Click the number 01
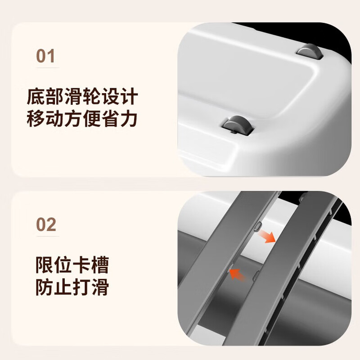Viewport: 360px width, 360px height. click(x=45, y=57)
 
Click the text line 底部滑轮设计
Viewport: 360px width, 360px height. click(x=82, y=97)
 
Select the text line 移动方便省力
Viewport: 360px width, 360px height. click(x=82, y=119)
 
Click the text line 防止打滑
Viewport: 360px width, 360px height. click(x=72, y=287)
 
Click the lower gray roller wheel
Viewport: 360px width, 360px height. click(x=238, y=125)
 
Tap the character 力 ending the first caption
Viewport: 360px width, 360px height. click(x=128, y=119)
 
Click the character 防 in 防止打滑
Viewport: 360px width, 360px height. click(x=45, y=287)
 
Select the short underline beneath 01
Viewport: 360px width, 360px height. click(x=47, y=68)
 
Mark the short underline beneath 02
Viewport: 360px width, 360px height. click(x=47, y=235)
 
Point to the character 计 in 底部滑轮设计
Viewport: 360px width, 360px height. click(x=128, y=97)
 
